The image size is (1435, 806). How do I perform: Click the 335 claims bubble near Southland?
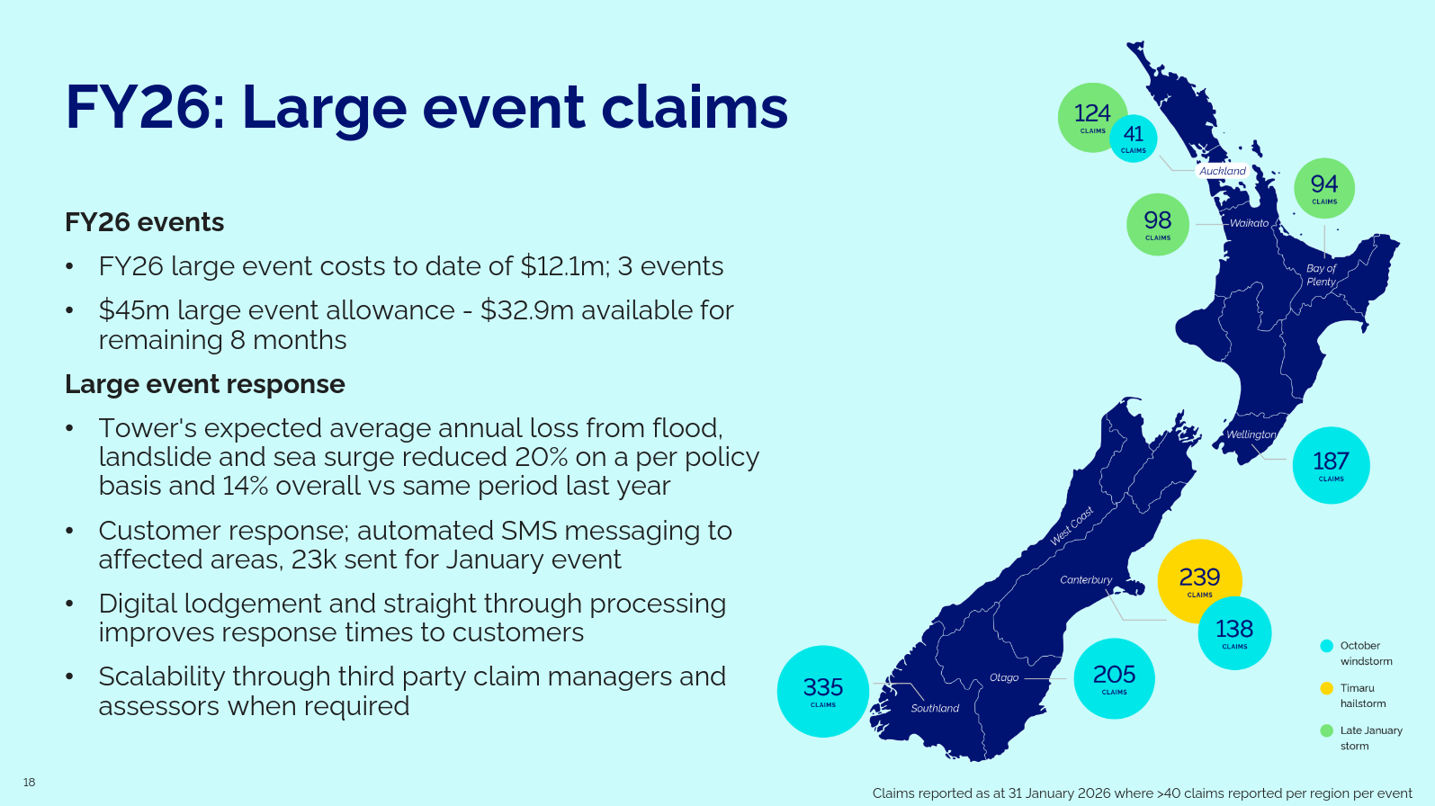tap(823, 692)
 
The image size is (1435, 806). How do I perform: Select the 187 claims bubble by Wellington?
tap(1332, 465)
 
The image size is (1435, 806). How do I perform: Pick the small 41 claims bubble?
tap(1134, 139)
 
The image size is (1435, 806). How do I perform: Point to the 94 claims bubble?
tap(1324, 188)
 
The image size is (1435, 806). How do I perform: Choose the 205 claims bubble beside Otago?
tap(1114, 678)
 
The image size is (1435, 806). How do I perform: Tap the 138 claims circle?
tap(1234, 633)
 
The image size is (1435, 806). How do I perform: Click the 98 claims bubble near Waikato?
tap(1158, 225)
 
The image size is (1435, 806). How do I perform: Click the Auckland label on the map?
tap(1223, 171)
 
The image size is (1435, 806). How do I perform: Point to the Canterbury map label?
tap(1086, 580)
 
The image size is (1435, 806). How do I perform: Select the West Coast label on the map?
tap(1072, 526)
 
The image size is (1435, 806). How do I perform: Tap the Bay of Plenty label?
tap(1321, 275)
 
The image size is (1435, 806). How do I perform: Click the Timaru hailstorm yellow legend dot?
tap(1327, 688)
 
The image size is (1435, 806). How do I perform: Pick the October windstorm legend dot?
tap(1327, 646)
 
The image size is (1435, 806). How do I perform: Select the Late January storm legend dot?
tap(1327, 730)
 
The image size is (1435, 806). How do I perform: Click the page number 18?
tap(29, 783)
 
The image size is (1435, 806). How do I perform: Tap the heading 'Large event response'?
tap(205, 384)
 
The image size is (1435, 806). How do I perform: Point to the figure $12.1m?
tap(561, 266)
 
